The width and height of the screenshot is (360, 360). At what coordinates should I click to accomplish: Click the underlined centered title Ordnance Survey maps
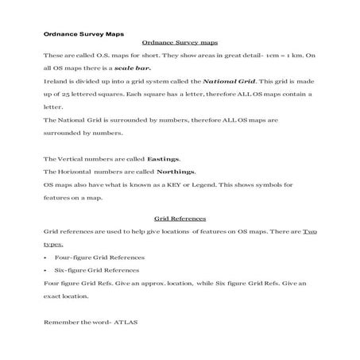179,43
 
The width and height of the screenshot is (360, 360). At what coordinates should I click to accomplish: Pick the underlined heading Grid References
180,218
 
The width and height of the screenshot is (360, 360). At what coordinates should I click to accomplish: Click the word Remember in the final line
60,324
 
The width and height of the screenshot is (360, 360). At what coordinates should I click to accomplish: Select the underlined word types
53,244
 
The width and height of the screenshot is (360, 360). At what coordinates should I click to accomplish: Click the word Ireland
56,81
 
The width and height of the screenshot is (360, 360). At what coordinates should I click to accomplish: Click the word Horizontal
76,172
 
